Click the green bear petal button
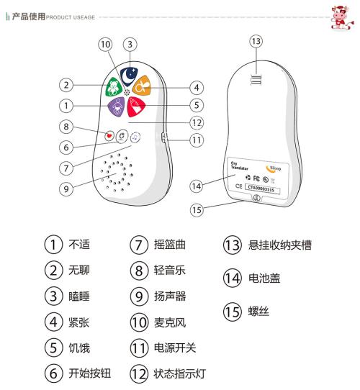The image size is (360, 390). coord(114,87)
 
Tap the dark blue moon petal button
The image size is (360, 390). coord(130,73)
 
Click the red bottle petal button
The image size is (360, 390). coord(137,107)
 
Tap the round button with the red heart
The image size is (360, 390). coord(109,135)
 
